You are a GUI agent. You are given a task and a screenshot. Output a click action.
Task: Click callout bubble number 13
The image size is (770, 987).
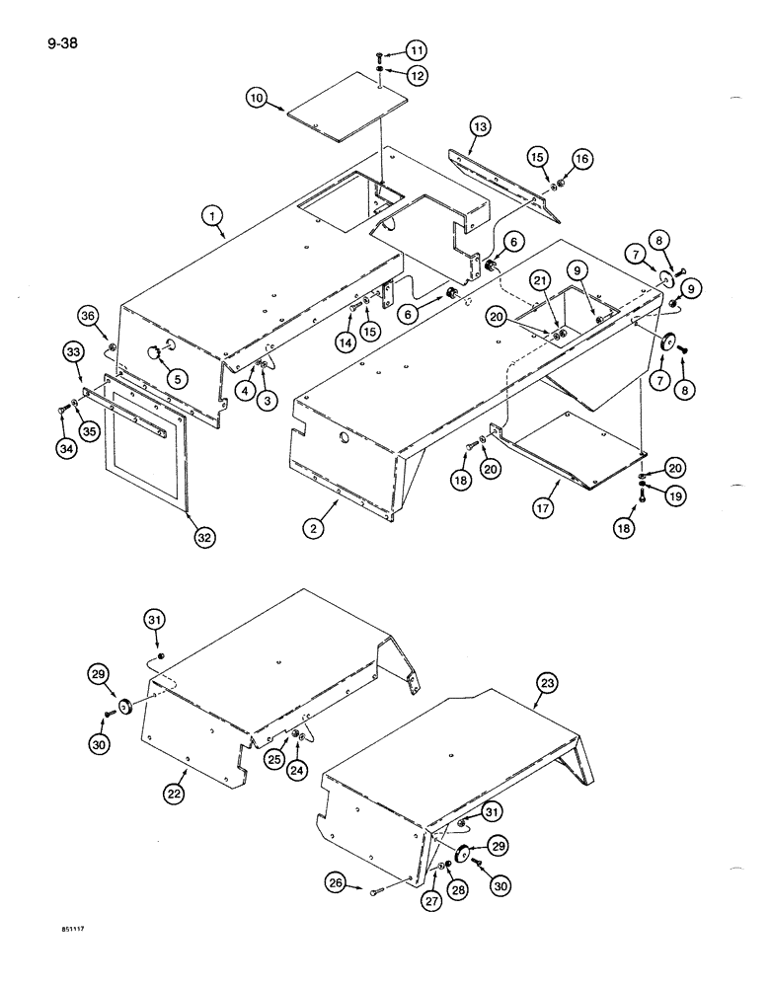point(479,126)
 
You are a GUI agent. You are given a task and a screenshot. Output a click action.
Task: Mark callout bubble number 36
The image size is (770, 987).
point(88,316)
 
